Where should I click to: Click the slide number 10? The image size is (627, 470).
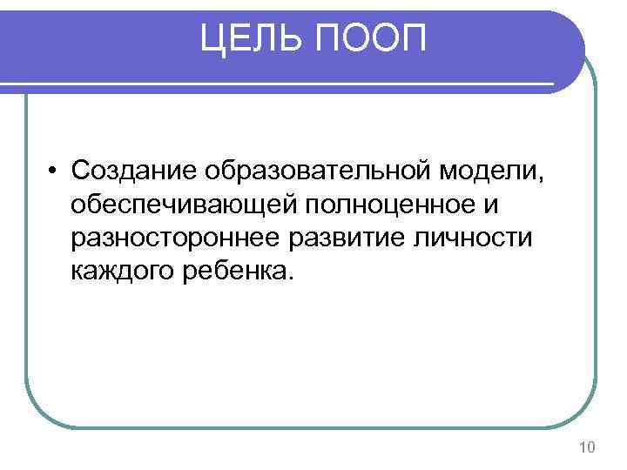[x=586, y=447]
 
